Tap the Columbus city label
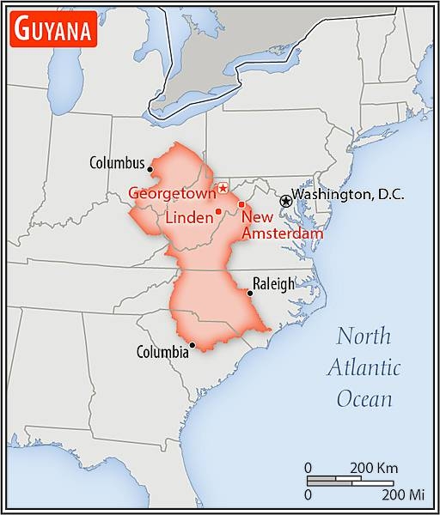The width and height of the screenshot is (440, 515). pyautogui.click(x=117, y=162)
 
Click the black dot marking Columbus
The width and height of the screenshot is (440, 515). pyautogui.click(x=150, y=169)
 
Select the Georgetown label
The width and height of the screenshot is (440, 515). pyautogui.click(x=172, y=193)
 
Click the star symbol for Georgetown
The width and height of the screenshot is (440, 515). pyautogui.click(x=223, y=187)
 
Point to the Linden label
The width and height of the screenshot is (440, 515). pyautogui.click(x=188, y=218)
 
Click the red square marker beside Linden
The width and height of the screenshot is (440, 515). pyautogui.click(x=218, y=211)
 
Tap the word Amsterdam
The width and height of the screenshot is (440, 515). pyautogui.click(x=282, y=233)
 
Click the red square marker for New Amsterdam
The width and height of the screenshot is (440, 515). pyautogui.click(x=241, y=204)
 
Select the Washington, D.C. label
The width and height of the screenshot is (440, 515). pyautogui.click(x=348, y=195)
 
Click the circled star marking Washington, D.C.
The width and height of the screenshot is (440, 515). pyautogui.click(x=285, y=200)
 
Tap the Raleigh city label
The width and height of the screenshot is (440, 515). pyautogui.click(x=273, y=284)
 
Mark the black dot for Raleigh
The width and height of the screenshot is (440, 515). pyautogui.click(x=249, y=294)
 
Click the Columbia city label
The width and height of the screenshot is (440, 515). pyautogui.click(x=162, y=352)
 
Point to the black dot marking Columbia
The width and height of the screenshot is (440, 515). pyautogui.click(x=192, y=346)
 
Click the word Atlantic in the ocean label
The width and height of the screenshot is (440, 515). pyautogui.click(x=364, y=368)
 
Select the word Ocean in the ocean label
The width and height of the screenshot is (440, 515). pyautogui.click(x=364, y=399)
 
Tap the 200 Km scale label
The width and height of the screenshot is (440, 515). pyautogui.click(x=373, y=468)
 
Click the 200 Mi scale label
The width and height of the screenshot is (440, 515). pyautogui.click(x=404, y=495)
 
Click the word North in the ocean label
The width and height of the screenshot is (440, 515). pyautogui.click(x=364, y=336)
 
